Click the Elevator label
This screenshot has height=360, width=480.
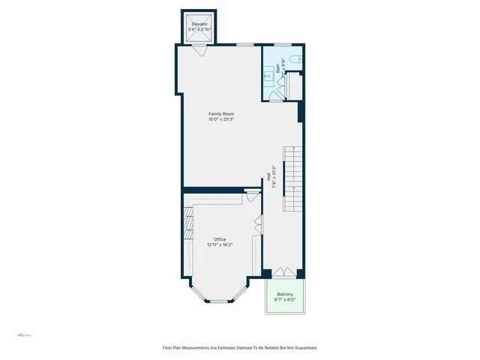point(199,24)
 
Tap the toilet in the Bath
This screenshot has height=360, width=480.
point(296,59)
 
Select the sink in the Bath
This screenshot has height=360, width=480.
point(268,75)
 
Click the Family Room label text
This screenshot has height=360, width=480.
point(221,114)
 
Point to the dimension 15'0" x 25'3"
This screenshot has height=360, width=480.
point(221,119)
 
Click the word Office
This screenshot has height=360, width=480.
point(220,239)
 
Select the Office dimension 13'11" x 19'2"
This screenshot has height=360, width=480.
point(220,244)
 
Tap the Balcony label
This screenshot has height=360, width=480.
point(285,294)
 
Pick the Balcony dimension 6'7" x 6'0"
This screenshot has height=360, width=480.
point(285,299)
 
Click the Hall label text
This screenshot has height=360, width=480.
point(268,177)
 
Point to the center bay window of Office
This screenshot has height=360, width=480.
point(217,301)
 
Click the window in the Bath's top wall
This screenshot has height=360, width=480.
point(282,45)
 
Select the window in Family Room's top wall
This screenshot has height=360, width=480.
point(244,45)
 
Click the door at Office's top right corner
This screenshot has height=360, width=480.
point(250,199)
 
